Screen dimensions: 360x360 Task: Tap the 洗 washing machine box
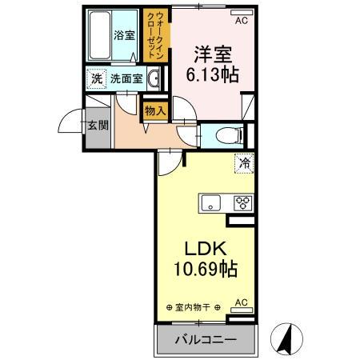click(96, 79)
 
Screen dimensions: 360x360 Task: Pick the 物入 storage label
click(155, 111)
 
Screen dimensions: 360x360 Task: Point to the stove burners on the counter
click(241, 203)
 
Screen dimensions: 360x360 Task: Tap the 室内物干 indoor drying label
click(193, 307)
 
